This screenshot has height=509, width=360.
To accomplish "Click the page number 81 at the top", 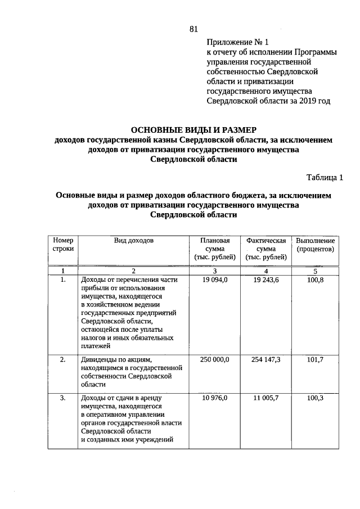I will point(195,29).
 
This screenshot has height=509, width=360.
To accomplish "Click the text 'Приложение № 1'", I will point(238,42).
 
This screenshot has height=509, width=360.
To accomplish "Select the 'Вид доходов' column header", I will point(133,240).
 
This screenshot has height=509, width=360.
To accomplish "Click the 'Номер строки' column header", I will point(63,244).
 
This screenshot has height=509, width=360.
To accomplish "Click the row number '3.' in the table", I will point(63,398).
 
